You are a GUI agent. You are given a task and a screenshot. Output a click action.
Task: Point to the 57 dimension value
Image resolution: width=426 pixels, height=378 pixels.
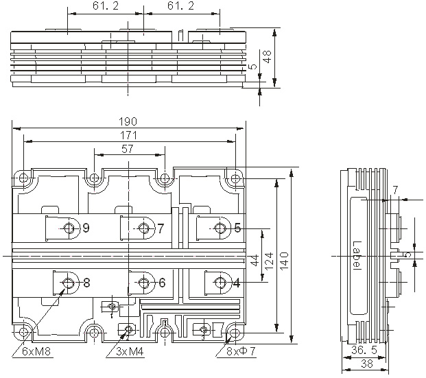pos(128,148)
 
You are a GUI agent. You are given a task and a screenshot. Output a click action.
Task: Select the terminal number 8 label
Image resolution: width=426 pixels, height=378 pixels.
pos(86,282)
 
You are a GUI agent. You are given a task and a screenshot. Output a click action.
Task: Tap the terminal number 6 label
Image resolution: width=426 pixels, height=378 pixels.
pos(162,282)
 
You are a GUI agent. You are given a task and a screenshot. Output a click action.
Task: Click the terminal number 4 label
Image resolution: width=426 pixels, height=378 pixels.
pos(237,282)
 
